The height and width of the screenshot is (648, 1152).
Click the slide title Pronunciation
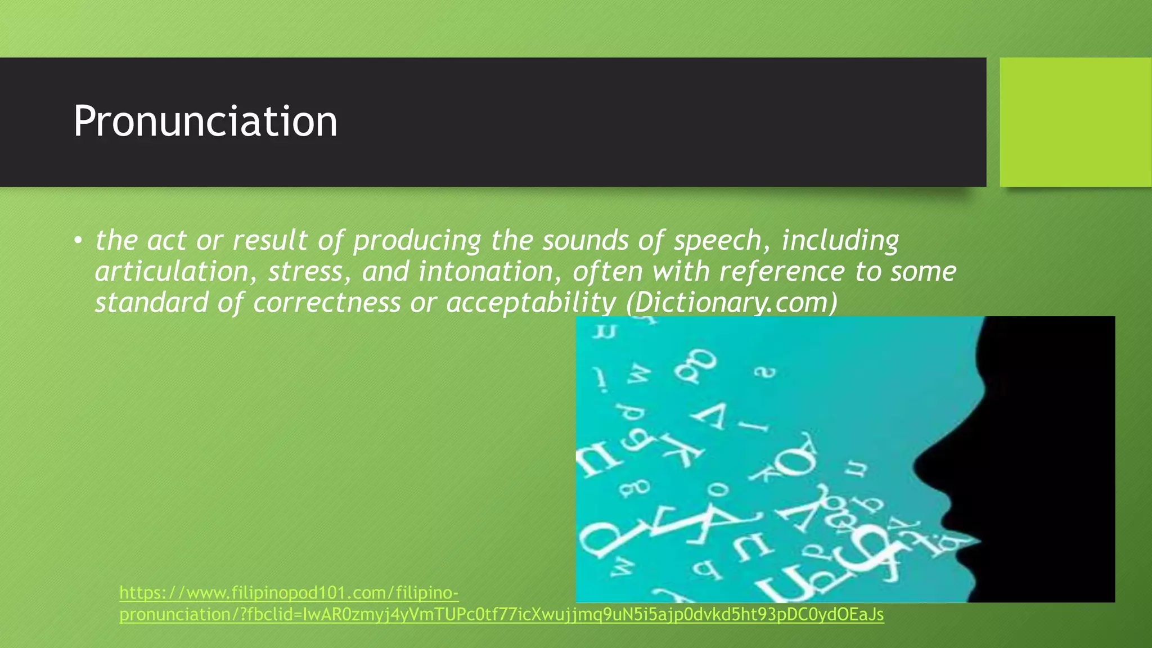point(205,121)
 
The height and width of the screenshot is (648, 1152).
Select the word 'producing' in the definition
point(417,241)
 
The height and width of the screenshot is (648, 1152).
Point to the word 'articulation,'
point(172,272)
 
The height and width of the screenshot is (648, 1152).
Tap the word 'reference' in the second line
point(781,272)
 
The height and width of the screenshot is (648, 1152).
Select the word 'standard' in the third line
point(151,303)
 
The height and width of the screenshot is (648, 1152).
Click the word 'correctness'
point(327,303)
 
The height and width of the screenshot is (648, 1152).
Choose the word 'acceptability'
point(531,303)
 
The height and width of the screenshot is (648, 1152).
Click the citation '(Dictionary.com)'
point(732,303)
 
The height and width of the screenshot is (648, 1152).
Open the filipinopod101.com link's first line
point(289,593)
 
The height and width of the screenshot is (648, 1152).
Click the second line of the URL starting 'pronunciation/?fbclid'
point(501,614)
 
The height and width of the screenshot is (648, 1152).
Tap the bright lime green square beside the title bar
point(1075,122)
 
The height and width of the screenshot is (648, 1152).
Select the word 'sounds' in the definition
point(585,241)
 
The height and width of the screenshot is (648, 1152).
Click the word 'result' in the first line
point(270,241)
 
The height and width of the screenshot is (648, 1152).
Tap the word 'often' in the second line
point(607,272)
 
